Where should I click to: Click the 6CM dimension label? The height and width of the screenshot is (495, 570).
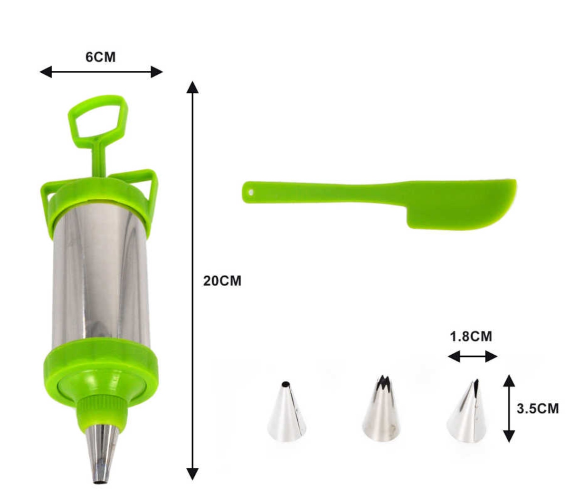(100, 57)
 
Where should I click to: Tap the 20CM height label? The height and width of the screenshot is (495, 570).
(222, 281)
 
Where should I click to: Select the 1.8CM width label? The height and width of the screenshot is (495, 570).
(471, 336)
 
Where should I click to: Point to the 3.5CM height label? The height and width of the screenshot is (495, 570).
(538, 409)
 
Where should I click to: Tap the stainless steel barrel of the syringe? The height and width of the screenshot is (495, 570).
(100, 276)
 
